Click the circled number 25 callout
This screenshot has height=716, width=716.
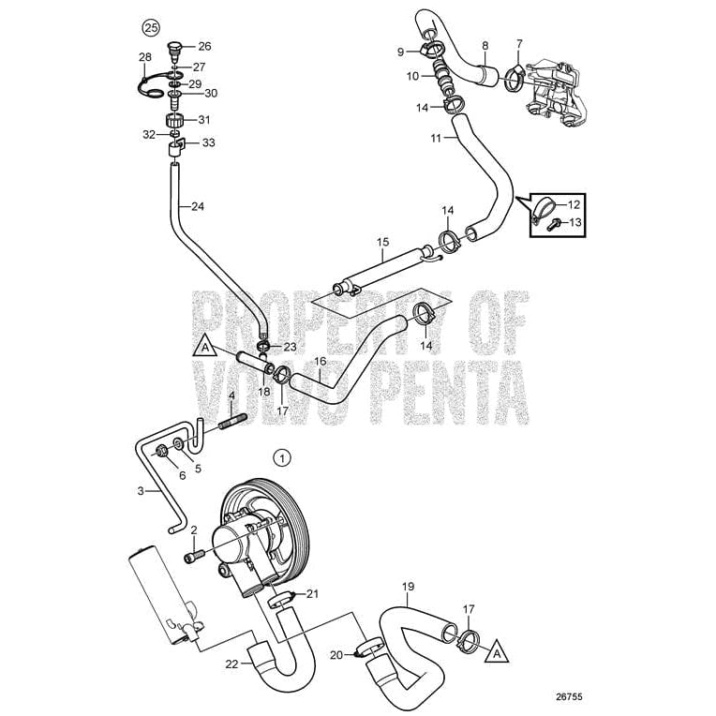pyautogui.click(x=148, y=25)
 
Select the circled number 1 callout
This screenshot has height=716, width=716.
pyautogui.click(x=281, y=457)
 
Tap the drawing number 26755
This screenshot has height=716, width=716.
pyautogui.click(x=568, y=697)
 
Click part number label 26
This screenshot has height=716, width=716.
pyautogui.click(x=204, y=45)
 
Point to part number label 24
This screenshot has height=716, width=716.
pyautogui.click(x=196, y=207)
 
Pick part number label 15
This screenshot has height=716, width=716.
pyautogui.click(x=381, y=242)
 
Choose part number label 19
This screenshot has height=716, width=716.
pyautogui.click(x=408, y=589)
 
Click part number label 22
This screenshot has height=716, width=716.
pyautogui.click(x=231, y=664)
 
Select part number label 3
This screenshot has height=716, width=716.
pyautogui.click(x=141, y=490)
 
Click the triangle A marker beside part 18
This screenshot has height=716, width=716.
pyautogui.click(x=202, y=346)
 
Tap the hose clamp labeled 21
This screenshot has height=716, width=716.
pyautogui.click(x=283, y=599)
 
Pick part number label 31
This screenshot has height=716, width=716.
pyautogui.click(x=204, y=120)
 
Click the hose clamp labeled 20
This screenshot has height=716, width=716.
pyautogui.click(x=369, y=647)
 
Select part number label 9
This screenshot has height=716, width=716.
pyautogui.click(x=399, y=51)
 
